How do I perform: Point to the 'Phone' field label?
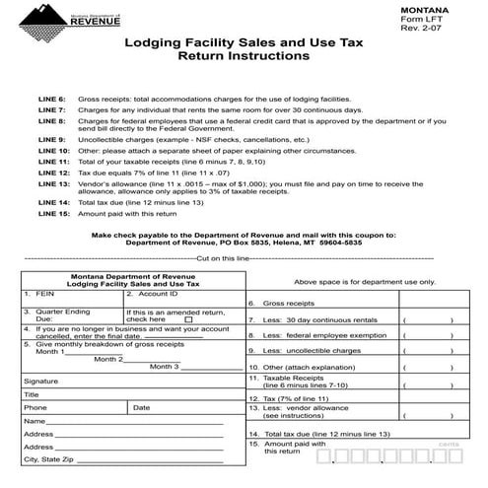pyautogui.click(x=35, y=407)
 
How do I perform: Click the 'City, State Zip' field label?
pyautogui.click(x=48, y=459)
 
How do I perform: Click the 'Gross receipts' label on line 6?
pyautogui.click(x=289, y=305)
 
